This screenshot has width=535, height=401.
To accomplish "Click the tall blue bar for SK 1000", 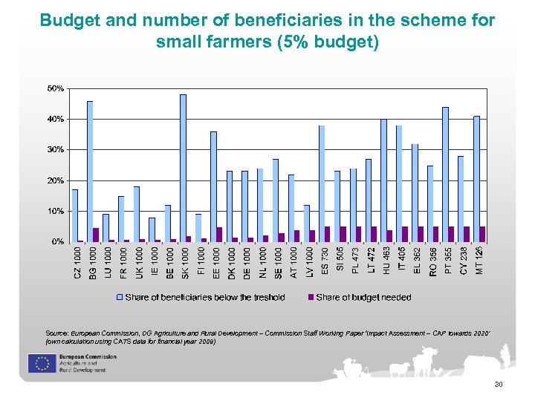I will pyautogui.click(x=183, y=168).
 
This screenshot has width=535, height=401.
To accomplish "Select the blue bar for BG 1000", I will pyautogui.click(x=90, y=171).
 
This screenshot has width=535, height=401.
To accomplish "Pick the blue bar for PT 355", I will pyautogui.click(x=445, y=175).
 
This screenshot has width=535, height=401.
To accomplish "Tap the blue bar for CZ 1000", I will pyautogui.click(x=74, y=215).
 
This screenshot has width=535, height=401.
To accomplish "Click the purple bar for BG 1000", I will pyautogui.click(x=96, y=235).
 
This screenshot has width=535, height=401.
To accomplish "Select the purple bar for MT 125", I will pyautogui.click(x=482, y=234).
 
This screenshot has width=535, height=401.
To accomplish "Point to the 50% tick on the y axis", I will pyautogui.click(x=55, y=88).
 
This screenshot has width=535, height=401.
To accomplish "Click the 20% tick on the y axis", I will pyautogui.click(x=55, y=180).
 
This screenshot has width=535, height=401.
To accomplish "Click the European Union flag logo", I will pyautogui.click(x=40, y=362).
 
